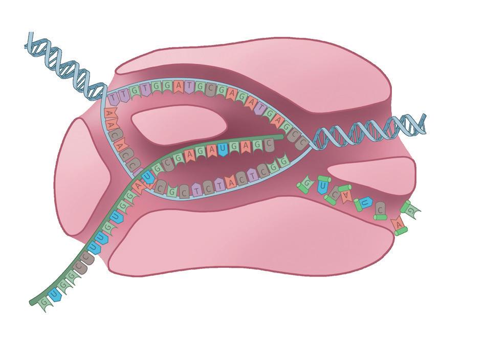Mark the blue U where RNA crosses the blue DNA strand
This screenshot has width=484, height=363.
pos(147,177)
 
